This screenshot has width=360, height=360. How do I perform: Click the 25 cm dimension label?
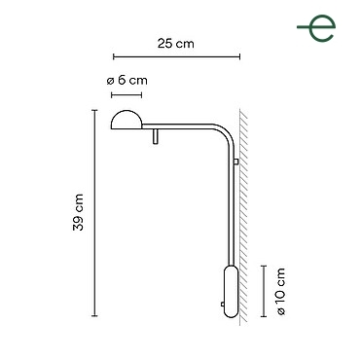176,44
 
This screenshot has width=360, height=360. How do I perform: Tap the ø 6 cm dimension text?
127,81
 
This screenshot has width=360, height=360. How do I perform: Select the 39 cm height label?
78,212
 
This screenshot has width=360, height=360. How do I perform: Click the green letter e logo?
316,28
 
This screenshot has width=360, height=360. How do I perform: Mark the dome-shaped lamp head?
126,120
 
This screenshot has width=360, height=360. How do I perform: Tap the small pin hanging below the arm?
156,136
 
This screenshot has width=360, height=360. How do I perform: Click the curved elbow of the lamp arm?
227,130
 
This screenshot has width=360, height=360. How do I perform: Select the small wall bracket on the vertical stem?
236,162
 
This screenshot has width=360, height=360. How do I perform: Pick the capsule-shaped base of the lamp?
232,291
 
